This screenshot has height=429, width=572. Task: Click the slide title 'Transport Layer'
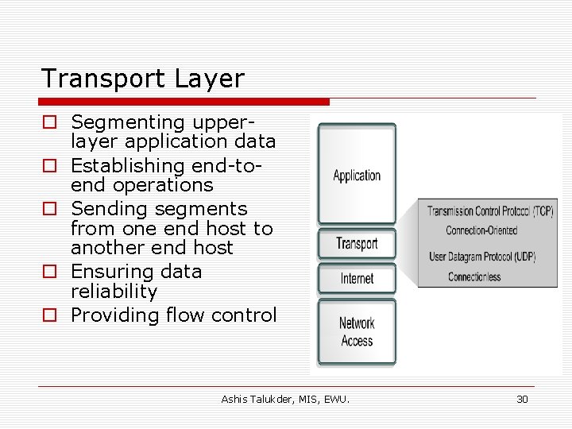[x=143, y=79]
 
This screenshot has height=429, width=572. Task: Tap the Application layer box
[x=357, y=176]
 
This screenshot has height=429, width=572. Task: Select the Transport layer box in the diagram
[x=357, y=244]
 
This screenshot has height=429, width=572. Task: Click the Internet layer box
[x=357, y=279]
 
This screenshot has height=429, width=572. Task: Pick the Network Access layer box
[x=357, y=332]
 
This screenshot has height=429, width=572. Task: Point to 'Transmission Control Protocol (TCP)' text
[x=490, y=211]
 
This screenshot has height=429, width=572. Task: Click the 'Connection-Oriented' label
[x=481, y=230]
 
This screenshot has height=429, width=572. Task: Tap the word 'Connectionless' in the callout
[x=474, y=276]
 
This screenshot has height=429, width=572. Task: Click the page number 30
[x=522, y=399]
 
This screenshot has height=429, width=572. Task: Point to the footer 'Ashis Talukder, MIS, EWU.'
[x=285, y=399]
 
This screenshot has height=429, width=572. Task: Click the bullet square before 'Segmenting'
[x=50, y=123]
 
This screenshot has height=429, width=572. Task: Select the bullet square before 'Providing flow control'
[x=50, y=315]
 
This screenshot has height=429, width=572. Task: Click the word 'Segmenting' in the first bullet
[x=127, y=122]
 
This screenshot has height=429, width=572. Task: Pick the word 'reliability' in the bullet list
[x=114, y=292]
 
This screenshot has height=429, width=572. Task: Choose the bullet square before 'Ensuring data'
[x=50, y=272]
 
